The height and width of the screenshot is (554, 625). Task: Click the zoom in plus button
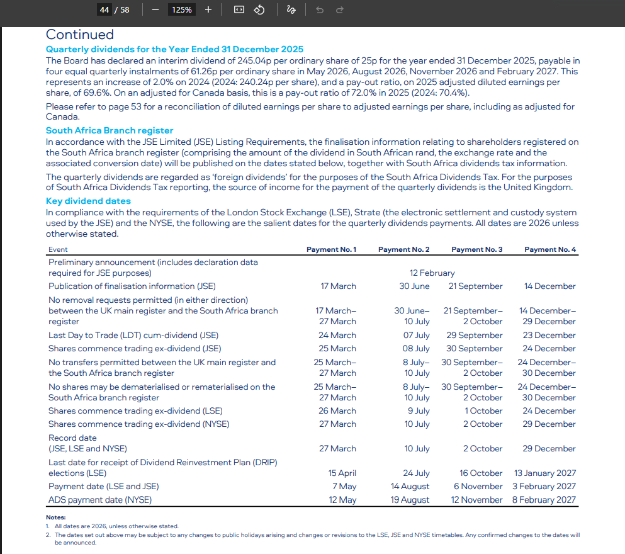(208, 9)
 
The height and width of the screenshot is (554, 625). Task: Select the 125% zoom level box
(182, 9)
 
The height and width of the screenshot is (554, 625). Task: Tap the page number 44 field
(104, 9)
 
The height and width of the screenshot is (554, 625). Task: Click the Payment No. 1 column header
(331, 249)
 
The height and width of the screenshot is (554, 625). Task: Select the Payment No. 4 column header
(549, 249)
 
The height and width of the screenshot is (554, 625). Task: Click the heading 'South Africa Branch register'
(110, 130)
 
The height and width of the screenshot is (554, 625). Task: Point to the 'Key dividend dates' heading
(88, 201)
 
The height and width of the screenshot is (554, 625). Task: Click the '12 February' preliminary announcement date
(432, 273)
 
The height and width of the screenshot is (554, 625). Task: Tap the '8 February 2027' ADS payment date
(544, 500)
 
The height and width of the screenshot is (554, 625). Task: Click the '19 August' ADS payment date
(410, 500)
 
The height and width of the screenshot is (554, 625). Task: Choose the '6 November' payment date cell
(478, 486)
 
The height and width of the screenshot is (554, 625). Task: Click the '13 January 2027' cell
(544, 473)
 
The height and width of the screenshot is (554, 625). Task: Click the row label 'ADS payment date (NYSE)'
(100, 500)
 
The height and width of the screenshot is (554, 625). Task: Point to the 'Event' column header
(58, 250)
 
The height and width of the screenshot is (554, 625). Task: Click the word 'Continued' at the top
(80, 35)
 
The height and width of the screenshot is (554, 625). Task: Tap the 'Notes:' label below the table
(56, 517)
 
